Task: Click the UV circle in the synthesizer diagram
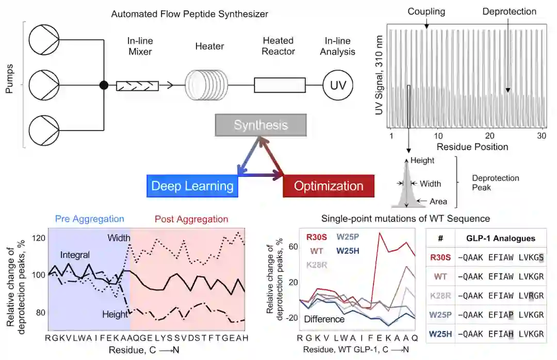(337, 85)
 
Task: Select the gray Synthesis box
(261, 125)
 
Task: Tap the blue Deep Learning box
(192, 186)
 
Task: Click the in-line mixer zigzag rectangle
(137, 85)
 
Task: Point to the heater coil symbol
(206, 85)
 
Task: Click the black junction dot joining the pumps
(104, 85)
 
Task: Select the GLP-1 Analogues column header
(501, 238)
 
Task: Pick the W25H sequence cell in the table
(501, 334)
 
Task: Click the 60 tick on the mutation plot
(293, 247)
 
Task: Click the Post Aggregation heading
(192, 219)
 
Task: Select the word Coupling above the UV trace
(427, 11)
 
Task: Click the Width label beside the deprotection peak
(431, 184)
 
